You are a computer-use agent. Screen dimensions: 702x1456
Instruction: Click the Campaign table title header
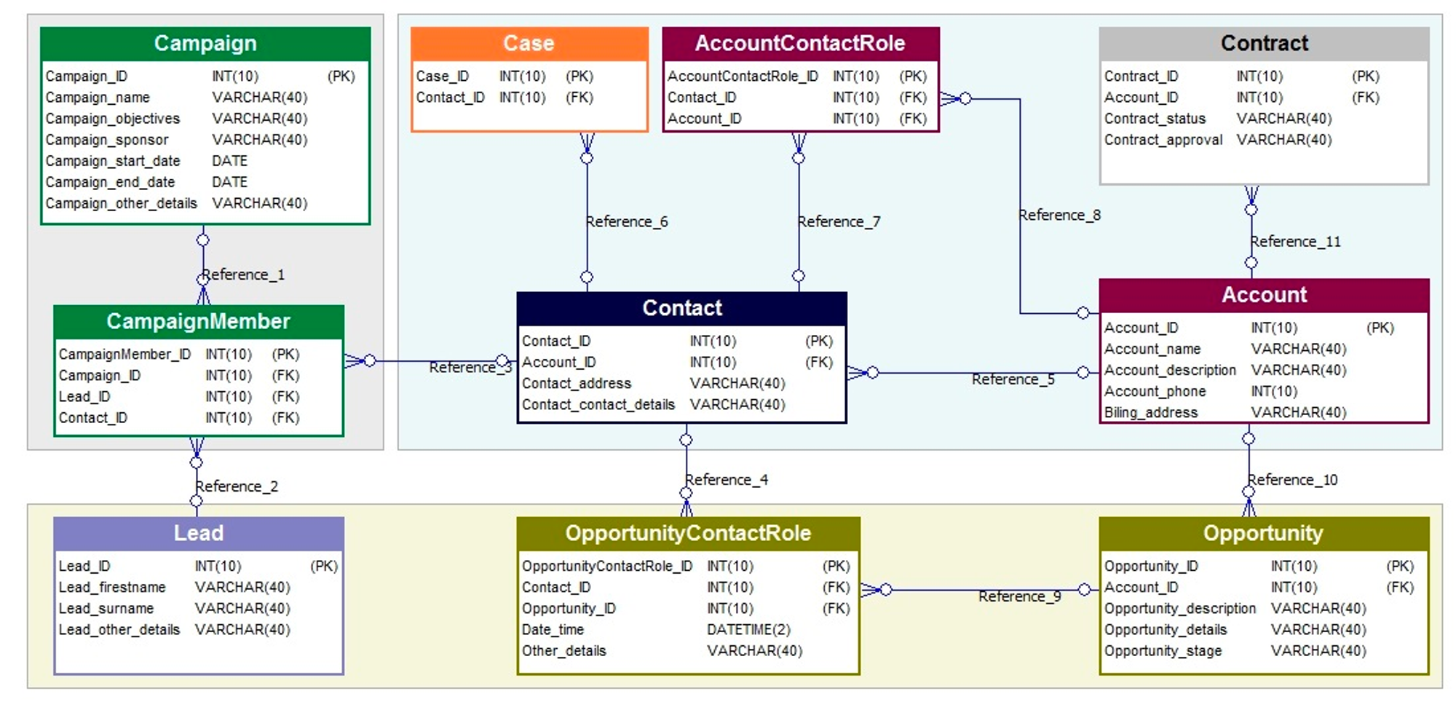coord(205,44)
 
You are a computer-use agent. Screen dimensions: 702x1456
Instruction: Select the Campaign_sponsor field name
coord(106,140)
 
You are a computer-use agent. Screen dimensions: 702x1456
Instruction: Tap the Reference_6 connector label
coord(627,221)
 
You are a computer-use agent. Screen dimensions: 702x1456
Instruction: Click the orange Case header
coord(529,44)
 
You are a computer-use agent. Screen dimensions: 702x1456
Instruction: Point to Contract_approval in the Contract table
coord(1163,140)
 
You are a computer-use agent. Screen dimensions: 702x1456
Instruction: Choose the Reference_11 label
coord(1295,242)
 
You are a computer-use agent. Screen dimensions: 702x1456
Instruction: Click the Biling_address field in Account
coord(1150,413)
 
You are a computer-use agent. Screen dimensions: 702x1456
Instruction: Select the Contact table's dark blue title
coord(681,308)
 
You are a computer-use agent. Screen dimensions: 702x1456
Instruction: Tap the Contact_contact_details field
coord(598,405)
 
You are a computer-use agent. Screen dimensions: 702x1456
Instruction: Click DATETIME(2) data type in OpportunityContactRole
coord(748,630)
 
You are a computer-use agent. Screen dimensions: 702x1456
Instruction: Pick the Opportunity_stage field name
coord(1163,651)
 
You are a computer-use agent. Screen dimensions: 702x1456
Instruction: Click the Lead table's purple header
coord(199,533)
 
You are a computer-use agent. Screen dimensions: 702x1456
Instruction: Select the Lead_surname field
coord(106,609)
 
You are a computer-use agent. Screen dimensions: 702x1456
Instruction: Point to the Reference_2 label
coord(237,486)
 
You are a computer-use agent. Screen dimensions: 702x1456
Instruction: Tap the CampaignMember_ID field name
coord(124,355)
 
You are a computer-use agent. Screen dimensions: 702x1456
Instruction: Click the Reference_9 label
coord(1019,597)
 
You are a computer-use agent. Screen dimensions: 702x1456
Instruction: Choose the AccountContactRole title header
coord(800,44)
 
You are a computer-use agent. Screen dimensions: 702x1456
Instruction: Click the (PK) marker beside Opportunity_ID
coord(1400,567)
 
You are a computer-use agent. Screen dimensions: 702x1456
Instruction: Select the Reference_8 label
coord(1059,216)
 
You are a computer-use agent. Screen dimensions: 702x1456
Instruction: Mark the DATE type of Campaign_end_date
coord(229,182)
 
